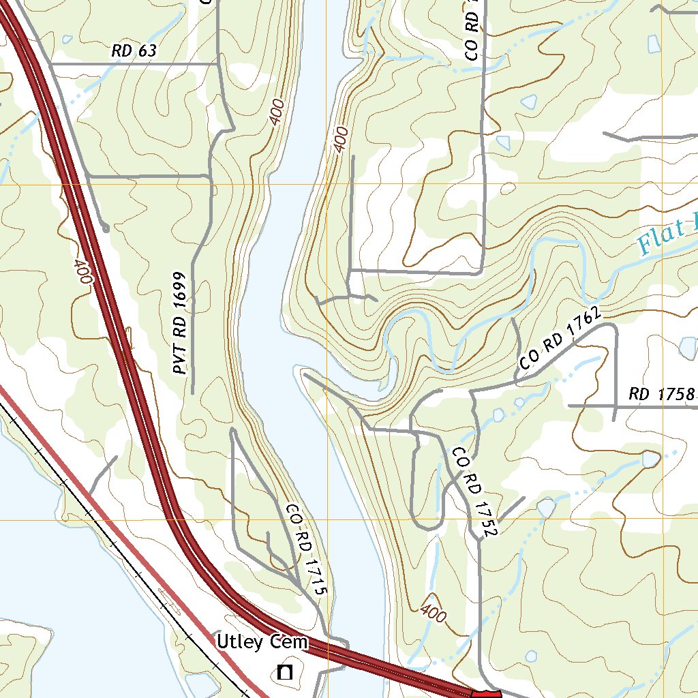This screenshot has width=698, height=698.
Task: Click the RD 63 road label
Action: [x=134, y=50]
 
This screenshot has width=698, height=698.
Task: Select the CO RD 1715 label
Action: [x=307, y=551]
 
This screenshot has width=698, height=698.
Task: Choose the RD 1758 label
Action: [x=661, y=394]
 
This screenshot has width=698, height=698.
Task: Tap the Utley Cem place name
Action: [x=262, y=642]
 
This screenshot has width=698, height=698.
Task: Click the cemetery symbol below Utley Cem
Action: [x=284, y=673]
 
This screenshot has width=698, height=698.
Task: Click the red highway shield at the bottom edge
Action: [x=486, y=693]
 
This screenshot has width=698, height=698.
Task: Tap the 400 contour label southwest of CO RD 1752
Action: [x=434, y=613]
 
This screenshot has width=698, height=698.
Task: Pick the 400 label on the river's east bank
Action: [x=341, y=138]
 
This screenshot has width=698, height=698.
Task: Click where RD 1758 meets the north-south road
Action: [x=614, y=406]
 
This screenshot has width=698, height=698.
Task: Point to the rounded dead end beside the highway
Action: [x=105, y=229]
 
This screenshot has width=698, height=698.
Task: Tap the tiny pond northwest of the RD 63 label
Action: [x=66, y=40]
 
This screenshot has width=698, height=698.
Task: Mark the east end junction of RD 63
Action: [x=217, y=64]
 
